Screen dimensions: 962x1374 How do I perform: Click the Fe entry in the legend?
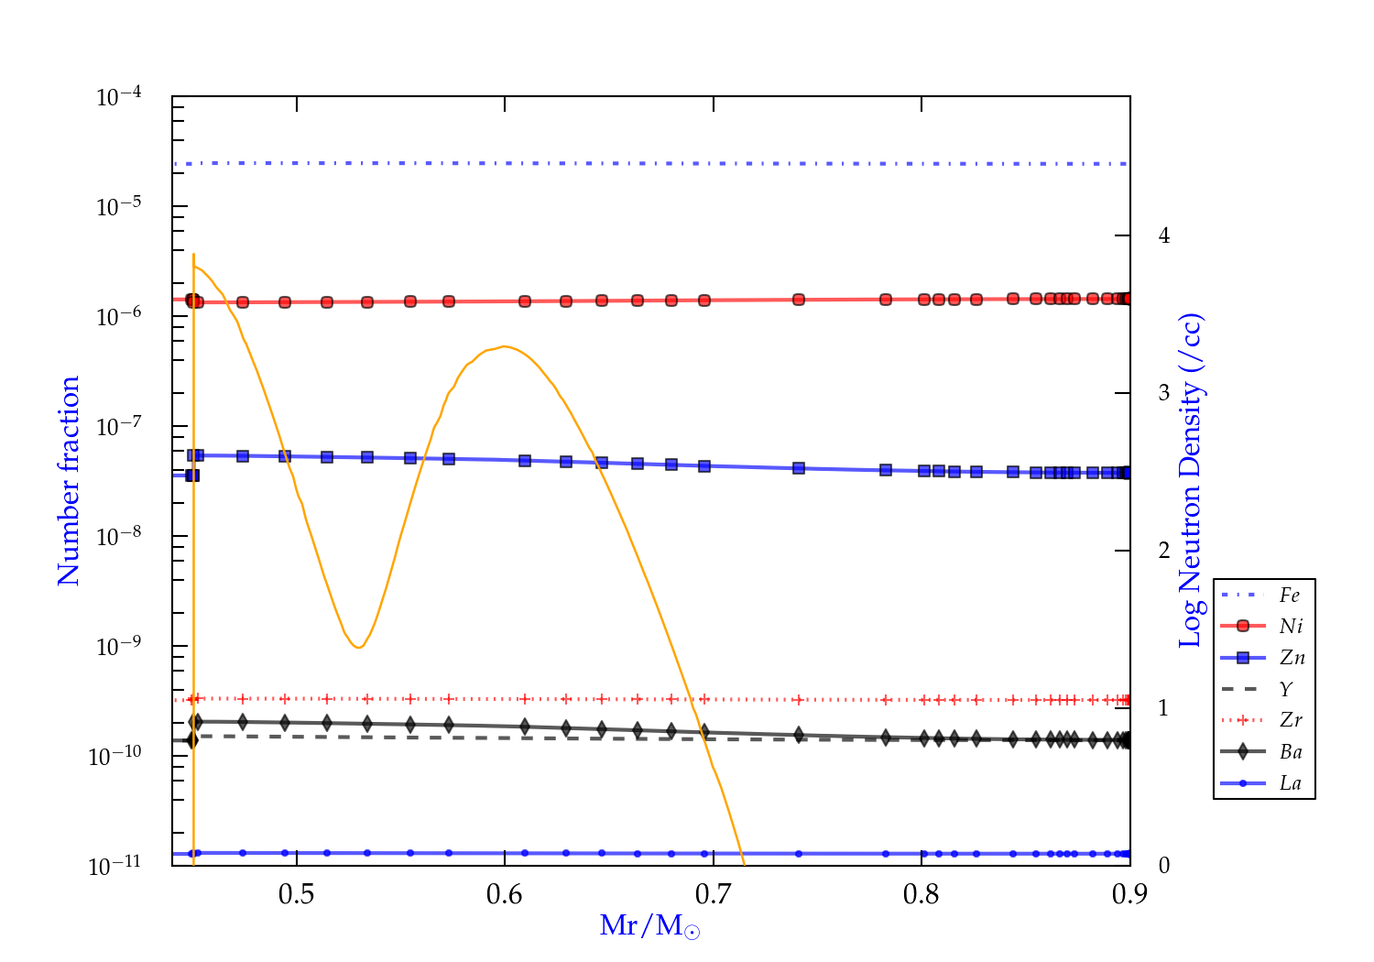[1290, 596]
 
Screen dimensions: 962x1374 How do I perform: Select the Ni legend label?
[1291, 627]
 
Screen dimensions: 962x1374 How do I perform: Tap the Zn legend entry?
[1292, 658]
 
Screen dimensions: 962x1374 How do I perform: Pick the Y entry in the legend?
[1286, 689]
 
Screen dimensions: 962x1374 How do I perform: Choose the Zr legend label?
[1291, 720]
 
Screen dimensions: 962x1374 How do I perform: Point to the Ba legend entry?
[1291, 752]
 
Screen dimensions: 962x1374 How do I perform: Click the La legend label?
[1290, 783]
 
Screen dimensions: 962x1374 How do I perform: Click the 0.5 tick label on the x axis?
[296, 894]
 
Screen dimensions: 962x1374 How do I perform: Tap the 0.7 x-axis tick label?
[713, 894]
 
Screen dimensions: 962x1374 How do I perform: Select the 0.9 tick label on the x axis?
[1129, 894]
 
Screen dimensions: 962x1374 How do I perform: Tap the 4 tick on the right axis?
[1164, 235]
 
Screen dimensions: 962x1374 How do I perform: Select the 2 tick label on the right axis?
[1164, 551]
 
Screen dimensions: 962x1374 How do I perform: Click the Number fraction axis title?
[69, 481]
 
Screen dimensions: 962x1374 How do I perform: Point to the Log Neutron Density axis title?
[1191, 481]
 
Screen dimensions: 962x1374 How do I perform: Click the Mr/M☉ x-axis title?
[649, 926]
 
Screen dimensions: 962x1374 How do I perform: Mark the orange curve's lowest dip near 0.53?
[358, 648]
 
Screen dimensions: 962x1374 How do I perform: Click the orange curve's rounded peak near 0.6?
[505, 346]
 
